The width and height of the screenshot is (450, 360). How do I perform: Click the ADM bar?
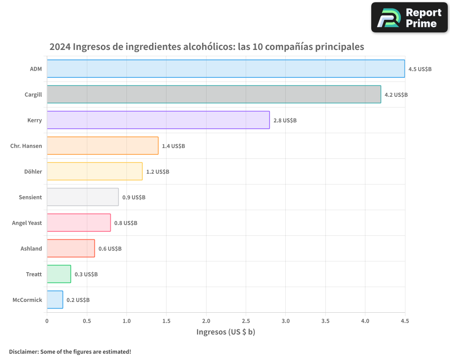(226, 69)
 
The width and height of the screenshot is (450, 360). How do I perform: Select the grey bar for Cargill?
(214, 94)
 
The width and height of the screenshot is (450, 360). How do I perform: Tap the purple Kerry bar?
(158, 120)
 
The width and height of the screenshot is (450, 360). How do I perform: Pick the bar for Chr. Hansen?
(103, 146)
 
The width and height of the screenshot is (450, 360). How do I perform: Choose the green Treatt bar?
(59, 274)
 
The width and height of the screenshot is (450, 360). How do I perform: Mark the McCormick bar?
(55, 300)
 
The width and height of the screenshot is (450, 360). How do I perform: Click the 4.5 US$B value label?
(420, 69)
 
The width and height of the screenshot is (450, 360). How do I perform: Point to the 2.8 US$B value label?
(285, 121)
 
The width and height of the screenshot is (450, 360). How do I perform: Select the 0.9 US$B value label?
(134, 198)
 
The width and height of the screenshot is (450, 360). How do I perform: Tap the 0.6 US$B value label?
(110, 249)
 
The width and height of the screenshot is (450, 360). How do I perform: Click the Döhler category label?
(33, 171)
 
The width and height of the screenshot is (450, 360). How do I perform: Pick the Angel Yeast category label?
(27, 223)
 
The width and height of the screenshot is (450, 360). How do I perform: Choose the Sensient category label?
(30, 197)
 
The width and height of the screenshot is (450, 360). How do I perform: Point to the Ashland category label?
(31, 248)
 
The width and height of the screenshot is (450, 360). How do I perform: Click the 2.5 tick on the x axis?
(246, 321)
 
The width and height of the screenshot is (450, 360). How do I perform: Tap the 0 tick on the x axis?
(47, 321)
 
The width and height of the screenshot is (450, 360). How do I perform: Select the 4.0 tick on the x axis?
(365, 321)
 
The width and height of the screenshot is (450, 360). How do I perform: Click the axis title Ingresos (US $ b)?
(226, 332)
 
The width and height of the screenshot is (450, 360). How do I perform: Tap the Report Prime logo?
(409, 18)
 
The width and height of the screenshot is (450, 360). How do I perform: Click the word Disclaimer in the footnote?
(23, 351)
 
